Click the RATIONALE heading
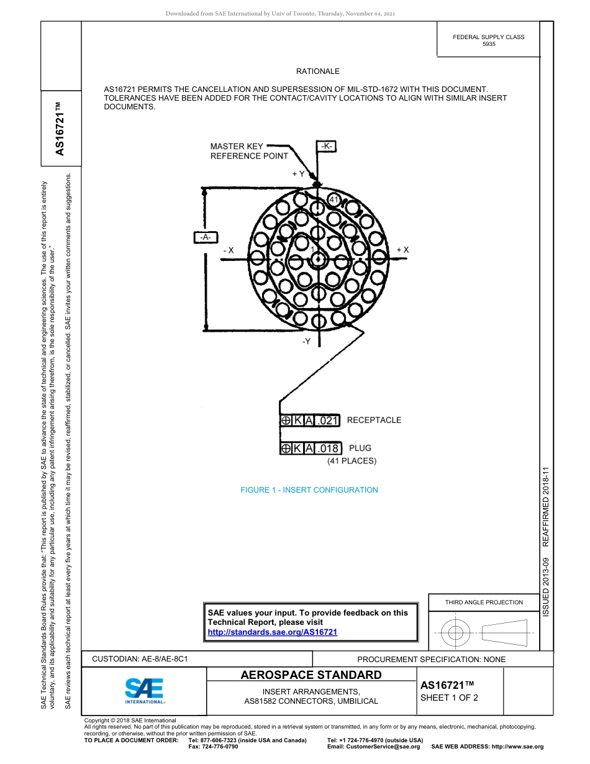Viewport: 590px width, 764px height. [x=317, y=71]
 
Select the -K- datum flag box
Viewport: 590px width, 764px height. [x=327, y=146]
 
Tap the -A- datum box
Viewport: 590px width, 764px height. [x=206, y=237]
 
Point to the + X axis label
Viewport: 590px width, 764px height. [x=402, y=250]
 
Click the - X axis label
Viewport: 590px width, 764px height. [x=228, y=250]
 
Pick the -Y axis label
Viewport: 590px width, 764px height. [x=306, y=342]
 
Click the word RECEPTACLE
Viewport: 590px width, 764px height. [x=374, y=421]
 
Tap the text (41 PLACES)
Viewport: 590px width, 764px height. [x=352, y=461]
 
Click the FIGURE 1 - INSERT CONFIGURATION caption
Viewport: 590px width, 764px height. [x=309, y=490]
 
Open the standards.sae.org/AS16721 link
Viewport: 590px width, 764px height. [x=272, y=632]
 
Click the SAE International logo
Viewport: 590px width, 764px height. [x=144, y=690]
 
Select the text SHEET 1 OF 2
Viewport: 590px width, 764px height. [x=449, y=698]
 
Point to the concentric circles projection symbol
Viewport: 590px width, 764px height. [x=456, y=633]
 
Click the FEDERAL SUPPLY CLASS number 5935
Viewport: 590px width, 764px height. [x=489, y=45]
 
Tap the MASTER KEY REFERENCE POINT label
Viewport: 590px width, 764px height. [x=248, y=151]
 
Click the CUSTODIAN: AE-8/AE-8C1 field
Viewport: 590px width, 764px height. [x=140, y=658]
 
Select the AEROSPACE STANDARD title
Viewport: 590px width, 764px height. [x=311, y=675]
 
